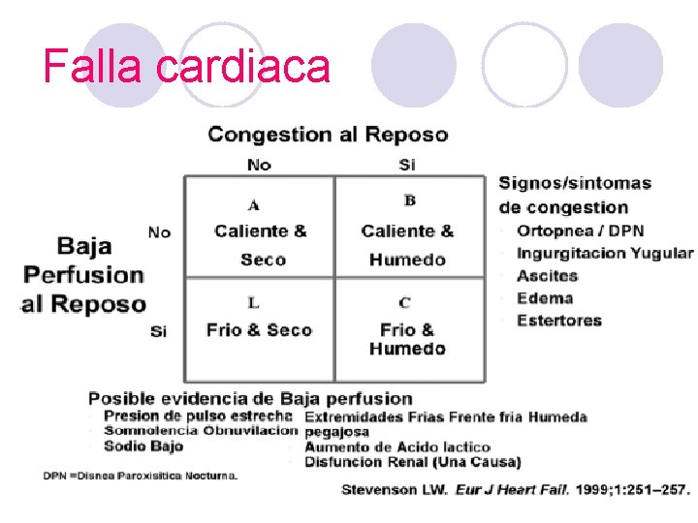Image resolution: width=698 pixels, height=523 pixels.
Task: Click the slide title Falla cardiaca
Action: click(187, 67)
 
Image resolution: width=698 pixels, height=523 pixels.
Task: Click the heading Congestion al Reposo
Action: click(328, 135)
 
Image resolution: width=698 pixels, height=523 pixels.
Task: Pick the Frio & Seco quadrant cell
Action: click(259, 330)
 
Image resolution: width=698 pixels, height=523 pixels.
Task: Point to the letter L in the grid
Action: click(253, 303)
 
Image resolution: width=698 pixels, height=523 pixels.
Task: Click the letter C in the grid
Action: click(404, 303)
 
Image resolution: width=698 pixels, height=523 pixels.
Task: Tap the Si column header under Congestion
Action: click(407, 165)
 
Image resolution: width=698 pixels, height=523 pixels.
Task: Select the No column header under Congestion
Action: click(259, 165)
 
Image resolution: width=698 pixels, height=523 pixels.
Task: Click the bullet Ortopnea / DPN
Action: click(580, 231)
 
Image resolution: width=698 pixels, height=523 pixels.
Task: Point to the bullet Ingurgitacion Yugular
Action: click(605, 254)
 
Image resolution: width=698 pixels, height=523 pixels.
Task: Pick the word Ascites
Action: click(547, 276)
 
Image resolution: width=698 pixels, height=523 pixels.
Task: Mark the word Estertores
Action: click(559, 321)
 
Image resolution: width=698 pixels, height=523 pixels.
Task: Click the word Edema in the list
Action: click(545, 298)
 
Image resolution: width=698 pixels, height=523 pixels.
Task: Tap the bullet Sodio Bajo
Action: click(143, 446)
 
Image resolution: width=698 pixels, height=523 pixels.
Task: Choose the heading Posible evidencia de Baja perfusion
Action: click(250, 398)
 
